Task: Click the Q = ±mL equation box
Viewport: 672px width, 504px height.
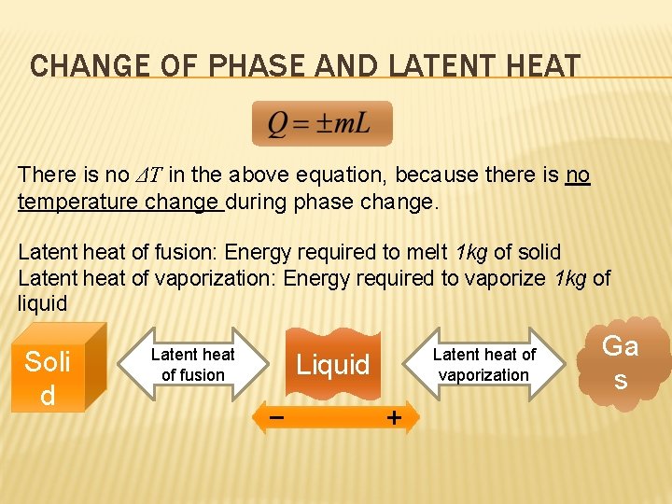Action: tap(321, 124)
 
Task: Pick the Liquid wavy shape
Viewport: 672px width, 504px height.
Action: tap(333, 364)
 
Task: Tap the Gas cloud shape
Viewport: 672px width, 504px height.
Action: tap(621, 362)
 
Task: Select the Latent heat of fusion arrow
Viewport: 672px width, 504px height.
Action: tap(193, 364)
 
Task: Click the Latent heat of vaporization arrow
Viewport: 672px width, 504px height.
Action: tap(483, 364)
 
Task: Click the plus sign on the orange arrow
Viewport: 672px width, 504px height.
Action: tap(395, 418)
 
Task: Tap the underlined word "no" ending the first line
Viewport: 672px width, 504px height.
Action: tap(578, 175)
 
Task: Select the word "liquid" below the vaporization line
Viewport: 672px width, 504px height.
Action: tap(42, 303)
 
